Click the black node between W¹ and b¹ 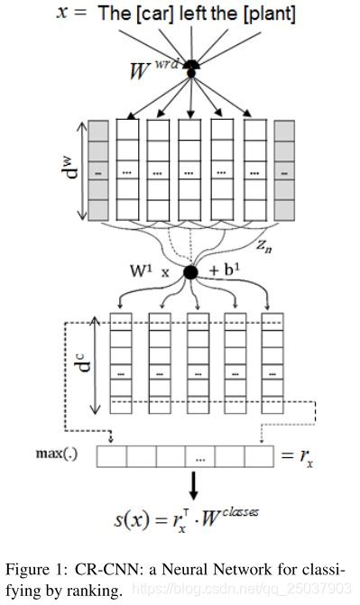190,272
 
